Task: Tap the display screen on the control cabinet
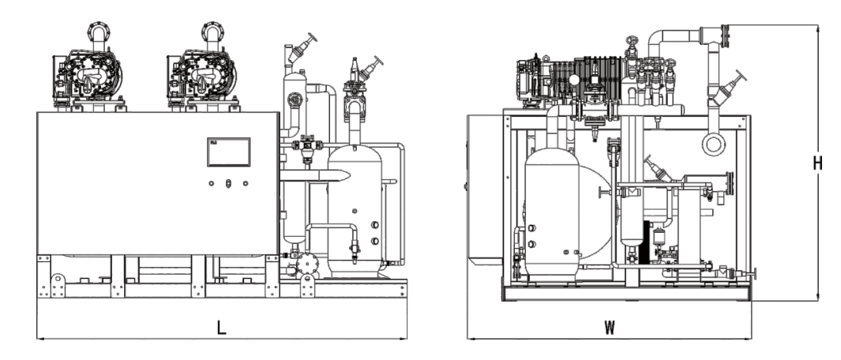(x=228, y=152)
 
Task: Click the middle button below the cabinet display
(x=228, y=183)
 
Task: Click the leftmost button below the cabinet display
(x=212, y=183)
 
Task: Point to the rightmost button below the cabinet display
(x=246, y=183)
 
